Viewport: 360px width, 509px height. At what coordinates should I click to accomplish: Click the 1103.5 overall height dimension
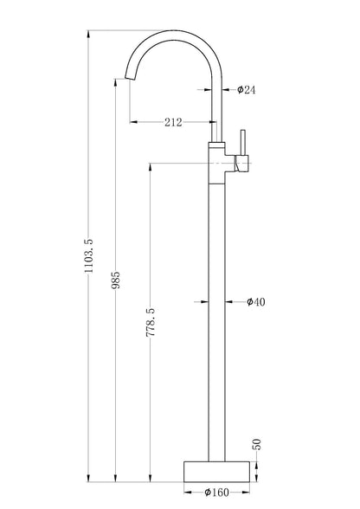click(x=88, y=255)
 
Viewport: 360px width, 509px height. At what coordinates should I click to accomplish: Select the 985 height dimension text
click(x=116, y=280)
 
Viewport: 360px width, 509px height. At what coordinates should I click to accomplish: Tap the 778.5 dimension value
click(x=151, y=322)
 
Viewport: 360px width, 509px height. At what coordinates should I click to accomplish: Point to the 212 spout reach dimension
click(x=173, y=122)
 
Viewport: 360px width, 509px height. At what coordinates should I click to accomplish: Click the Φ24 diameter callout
click(x=246, y=89)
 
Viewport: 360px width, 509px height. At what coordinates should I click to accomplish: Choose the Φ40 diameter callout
click(x=256, y=302)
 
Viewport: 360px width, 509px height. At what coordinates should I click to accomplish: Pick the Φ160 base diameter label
click(x=216, y=493)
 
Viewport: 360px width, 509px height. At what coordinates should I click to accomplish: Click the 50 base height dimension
click(x=256, y=444)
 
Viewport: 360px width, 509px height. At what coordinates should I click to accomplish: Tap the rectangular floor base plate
click(x=217, y=472)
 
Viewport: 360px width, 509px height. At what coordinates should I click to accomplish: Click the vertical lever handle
click(x=242, y=143)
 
